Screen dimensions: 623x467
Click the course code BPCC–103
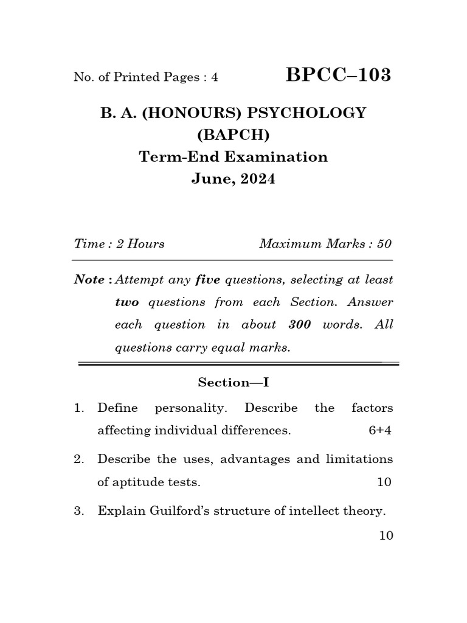[x=339, y=75]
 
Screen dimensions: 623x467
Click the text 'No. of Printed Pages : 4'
[x=145, y=77]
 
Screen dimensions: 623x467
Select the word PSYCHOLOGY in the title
[x=308, y=113]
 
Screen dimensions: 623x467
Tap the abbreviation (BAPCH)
[x=233, y=134]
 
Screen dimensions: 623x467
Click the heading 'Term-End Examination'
[x=233, y=157]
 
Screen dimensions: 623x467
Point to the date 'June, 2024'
[x=233, y=179]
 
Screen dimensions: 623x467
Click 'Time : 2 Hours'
[x=119, y=244]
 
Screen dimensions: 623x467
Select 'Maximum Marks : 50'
[x=325, y=244]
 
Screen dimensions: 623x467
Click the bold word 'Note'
[x=89, y=280]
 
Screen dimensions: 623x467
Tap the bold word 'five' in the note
[x=207, y=280]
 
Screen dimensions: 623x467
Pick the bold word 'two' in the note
[x=127, y=302]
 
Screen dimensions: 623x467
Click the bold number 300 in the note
[x=300, y=325]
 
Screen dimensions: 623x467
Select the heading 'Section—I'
[x=233, y=383]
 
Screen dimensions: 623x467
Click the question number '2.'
[x=79, y=459]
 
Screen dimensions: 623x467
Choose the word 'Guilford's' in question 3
[x=183, y=512]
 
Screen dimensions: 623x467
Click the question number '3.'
[x=79, y=512]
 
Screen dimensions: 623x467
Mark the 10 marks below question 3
[x=385, y=535]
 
